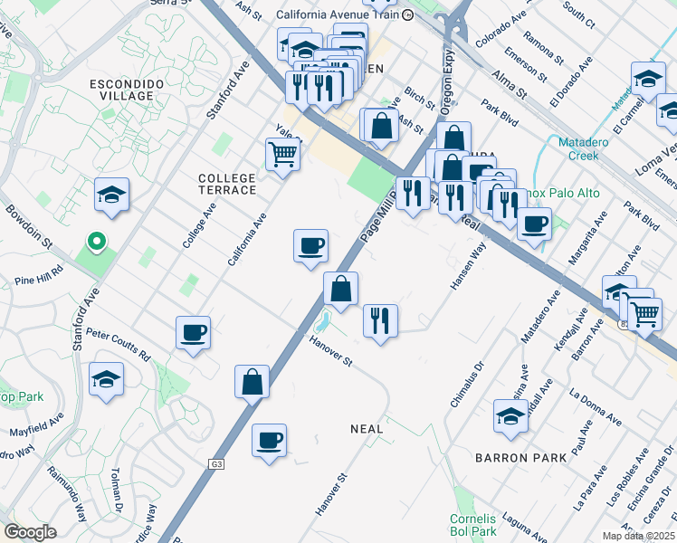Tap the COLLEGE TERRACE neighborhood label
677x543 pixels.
(x=227, y=184)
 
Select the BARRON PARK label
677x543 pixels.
(x=521, y=458)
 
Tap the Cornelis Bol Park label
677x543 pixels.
(x=472, y=525)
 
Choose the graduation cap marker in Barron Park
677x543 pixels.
(x=510, y=415)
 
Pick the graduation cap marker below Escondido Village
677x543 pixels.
(x=111, y=194)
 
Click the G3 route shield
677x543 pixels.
(x=216, y=464)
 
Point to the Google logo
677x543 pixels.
(x=30, y=533)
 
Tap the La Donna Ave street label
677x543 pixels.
(x=595, y=407)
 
